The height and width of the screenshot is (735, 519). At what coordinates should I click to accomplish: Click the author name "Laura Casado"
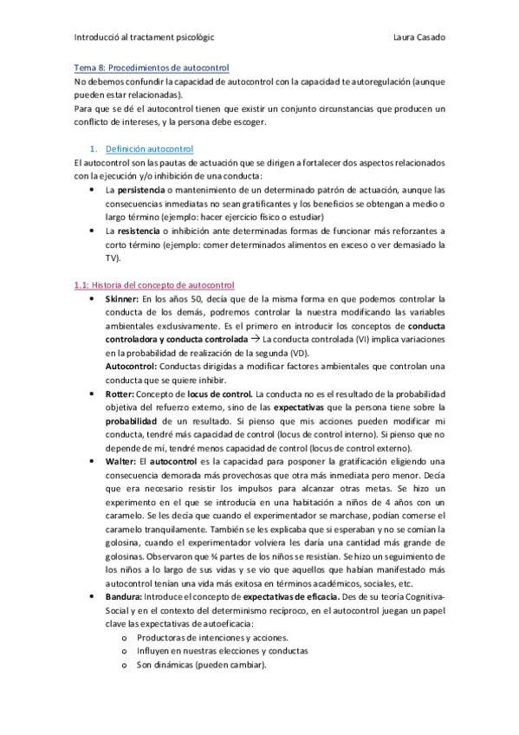tap(418, 37)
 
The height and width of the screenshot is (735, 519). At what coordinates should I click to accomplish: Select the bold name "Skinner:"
tap(124, 298)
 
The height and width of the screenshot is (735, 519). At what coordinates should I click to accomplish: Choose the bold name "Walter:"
tap(123, 462)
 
